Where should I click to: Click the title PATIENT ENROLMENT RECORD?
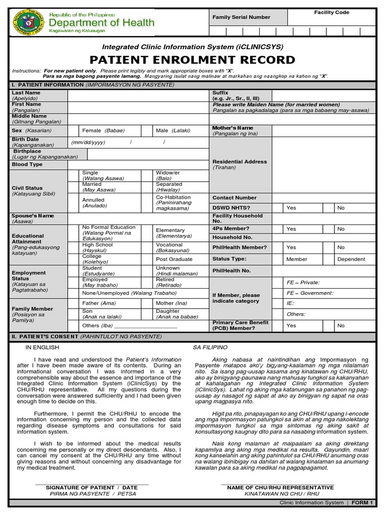point(192,60)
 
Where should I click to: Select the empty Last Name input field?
point(138,96)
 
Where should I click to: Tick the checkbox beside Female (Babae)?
point(74,131)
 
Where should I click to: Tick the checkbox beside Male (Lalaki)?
point(146,131)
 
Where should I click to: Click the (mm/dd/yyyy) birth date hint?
point(88,142)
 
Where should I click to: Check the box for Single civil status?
point(74,175)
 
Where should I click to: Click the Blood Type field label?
point(27,164)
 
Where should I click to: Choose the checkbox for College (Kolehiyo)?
point(74,259)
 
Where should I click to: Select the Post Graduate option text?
point(174,259)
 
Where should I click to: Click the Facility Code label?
point(331,13)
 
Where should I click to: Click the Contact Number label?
point(234,198)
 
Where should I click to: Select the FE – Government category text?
point(309,293)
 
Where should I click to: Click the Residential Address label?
point(240,162)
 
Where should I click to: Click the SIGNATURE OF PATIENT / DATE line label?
point(91,487)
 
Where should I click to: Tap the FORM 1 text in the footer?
point(363,502)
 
